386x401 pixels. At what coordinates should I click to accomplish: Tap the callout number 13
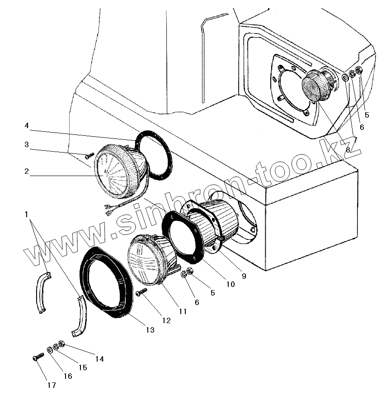150,330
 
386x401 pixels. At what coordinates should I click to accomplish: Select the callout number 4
27,125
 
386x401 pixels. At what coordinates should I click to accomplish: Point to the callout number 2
27,171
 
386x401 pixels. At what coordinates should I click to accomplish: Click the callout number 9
244,276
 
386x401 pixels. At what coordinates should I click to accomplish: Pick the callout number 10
230,284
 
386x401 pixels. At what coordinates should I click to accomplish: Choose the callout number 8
348,149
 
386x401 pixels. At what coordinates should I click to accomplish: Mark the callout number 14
99,358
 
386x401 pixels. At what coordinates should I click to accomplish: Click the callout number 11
182,311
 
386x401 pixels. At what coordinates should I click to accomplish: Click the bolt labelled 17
37,358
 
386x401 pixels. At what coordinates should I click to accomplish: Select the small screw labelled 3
89,156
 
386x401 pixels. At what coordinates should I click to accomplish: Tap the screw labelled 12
141,292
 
